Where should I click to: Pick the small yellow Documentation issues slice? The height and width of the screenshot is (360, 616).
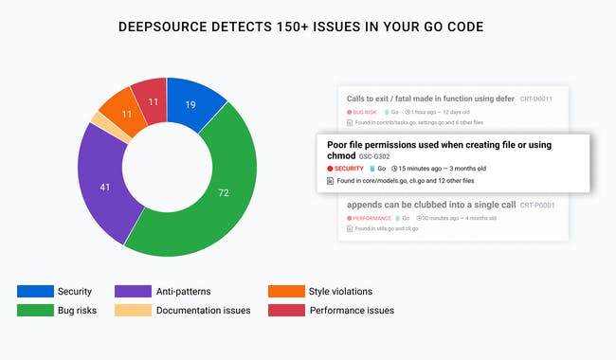(96, 121)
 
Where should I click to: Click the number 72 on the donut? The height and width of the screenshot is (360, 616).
(250, 193)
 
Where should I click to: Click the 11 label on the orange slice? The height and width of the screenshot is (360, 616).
(126, 115)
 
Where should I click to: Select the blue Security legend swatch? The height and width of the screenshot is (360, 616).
(34, 292)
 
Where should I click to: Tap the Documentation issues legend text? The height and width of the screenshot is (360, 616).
(203, 310)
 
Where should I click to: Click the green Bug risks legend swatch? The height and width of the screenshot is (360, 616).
(34, 310)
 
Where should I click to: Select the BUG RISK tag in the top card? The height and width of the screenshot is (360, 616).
(362, 112)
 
